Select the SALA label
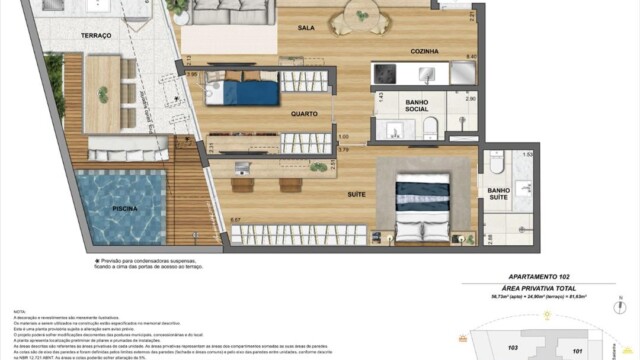[306, 29]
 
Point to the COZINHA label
[424, 50]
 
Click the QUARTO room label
[304, 114]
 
